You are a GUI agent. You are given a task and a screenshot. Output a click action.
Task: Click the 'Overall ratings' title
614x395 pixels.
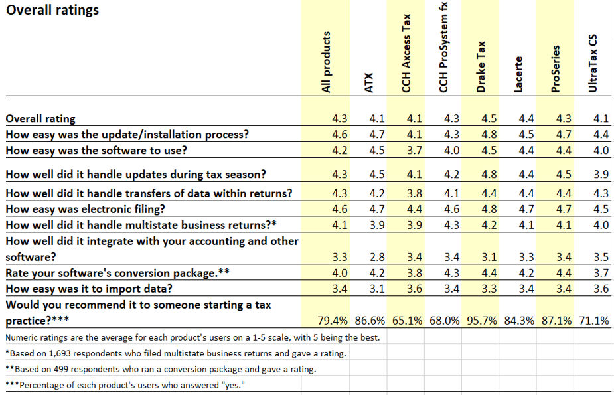tap(52, 10)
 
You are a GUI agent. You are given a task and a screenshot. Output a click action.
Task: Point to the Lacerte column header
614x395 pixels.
tap(519, 73)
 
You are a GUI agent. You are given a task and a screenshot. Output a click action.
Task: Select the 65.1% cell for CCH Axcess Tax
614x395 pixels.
tap(407, 321)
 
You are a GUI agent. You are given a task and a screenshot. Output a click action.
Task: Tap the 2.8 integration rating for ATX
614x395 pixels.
tap(376, 257)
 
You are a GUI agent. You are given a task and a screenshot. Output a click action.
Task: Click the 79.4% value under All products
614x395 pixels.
tap(332, 321)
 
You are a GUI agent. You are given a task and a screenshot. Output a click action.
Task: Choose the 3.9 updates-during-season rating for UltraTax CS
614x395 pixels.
tap(601, 175)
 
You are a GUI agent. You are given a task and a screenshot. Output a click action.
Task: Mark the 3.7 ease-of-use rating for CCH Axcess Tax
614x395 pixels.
tap(414, 151)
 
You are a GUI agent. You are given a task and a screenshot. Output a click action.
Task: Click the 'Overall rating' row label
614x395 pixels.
tap(40, 119)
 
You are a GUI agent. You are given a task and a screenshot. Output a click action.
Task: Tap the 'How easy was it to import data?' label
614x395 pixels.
tap(89, 289)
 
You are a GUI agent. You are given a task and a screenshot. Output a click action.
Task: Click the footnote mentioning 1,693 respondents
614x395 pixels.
tap(176, 353)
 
